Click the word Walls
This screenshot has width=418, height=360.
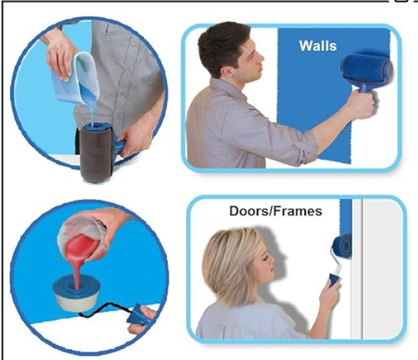click(318, 46)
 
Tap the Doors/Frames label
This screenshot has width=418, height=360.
click(276, 211)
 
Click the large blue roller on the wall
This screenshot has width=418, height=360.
click(366, 68)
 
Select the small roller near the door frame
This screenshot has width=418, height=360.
click(342, 246)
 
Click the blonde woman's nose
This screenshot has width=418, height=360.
click(273, 260)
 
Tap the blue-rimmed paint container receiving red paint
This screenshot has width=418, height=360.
click(77, 292)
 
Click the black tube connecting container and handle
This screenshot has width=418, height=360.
click(107, 310)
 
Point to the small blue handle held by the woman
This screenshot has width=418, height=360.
click(334, 281)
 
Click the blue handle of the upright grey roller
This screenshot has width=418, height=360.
click(119, 147)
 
